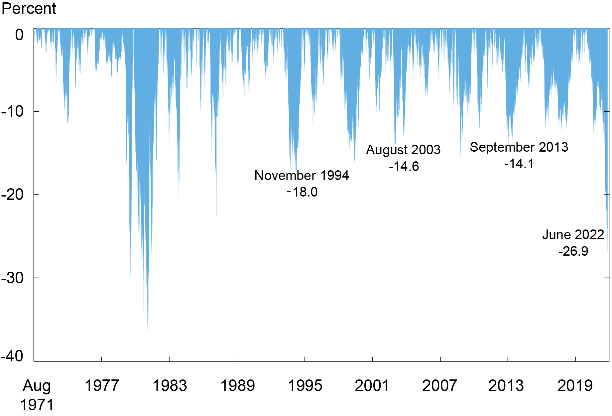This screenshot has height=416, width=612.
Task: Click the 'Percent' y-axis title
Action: [x=29, y=8]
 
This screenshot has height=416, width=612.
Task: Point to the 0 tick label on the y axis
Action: [x=20, y=35]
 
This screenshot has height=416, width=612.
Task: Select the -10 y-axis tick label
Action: [x=13, y=111]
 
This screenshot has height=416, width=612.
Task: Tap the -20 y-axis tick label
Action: [x=13, y=195]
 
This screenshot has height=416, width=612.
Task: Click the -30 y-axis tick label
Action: [x=13, y=278]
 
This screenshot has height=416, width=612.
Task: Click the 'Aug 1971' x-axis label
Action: [x=37, y=395]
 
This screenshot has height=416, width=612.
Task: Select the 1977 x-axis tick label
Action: [x=102, y=386]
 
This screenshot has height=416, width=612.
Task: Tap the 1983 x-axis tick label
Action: [x=170, y=386]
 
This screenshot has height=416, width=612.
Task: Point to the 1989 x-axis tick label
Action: [x=237, y=386]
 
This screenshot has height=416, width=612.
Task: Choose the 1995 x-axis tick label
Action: [x=305, y=386]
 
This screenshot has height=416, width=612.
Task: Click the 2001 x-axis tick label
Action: [x=372, y=386]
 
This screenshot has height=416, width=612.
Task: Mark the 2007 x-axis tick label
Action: [x=439, y=386]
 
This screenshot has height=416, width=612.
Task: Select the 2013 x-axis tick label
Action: [x=506, y=386]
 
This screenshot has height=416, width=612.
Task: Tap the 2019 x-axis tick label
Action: [x=575, y=386]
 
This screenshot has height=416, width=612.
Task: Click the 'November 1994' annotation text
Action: [x=302, y=176]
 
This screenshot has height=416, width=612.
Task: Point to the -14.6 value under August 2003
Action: [x=404, y=166]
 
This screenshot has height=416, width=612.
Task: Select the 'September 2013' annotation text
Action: [x=519, y=147]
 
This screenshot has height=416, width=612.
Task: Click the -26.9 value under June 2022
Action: [x=573, y=251]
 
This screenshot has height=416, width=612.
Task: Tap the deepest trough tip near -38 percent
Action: [x=148, y=346]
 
